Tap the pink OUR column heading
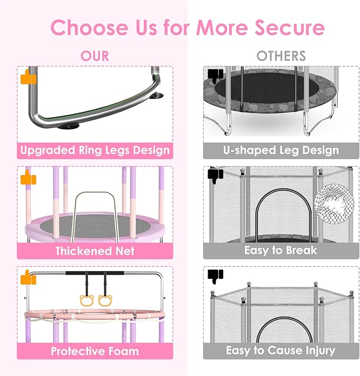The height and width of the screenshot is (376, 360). click(95, 56)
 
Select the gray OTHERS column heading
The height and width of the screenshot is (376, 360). click(281, 56)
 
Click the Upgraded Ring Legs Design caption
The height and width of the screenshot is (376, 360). click(95, 150)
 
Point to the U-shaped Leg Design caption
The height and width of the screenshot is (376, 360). click(280, 150)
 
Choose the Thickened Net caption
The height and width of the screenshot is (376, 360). click(95, 250)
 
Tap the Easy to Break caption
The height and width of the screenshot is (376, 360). click(280, 250)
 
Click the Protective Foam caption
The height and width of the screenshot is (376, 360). click(95, 351)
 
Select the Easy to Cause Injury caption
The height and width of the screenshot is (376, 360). click(280, 351)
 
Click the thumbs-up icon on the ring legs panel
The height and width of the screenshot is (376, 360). click(27, 78)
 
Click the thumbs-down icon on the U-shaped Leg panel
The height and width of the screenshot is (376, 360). click(214, 75)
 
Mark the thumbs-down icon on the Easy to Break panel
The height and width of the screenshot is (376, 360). click(214, 174)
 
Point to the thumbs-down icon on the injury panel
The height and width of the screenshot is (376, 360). click(214, 275)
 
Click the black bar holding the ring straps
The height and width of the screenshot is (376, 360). click(95, 273)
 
